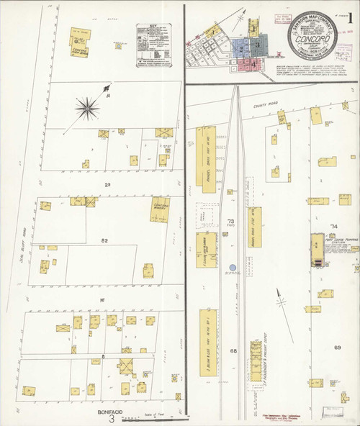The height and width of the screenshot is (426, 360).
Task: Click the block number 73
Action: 231,221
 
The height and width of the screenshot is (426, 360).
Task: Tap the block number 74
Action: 333,227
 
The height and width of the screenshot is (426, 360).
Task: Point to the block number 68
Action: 233,351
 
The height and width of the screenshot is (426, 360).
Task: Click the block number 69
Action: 337,348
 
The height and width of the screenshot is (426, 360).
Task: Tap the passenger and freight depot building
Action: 256,360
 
